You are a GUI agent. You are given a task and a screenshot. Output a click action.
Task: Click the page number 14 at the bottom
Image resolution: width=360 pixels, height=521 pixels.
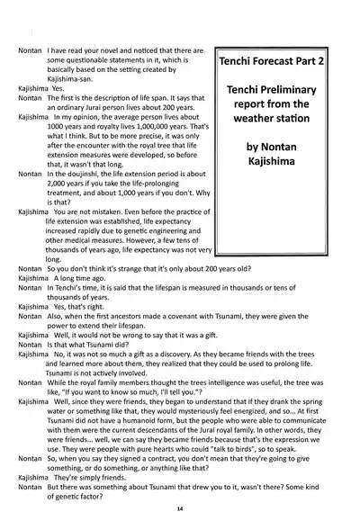pyautogui.click(x=180, y=508)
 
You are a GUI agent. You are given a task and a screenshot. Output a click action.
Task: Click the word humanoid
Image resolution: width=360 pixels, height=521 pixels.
pyautogui.click(x=159, y=420)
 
